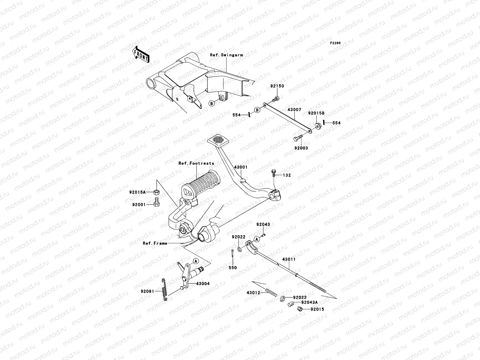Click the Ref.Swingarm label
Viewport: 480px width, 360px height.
pos(230,55)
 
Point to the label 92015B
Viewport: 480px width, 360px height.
pos(316,113)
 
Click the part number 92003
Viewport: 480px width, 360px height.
pos(301,148)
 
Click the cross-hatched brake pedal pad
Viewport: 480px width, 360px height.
pos(218,139)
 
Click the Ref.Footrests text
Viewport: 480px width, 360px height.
pos(196,163)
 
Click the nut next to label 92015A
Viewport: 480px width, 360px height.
pos(156,192)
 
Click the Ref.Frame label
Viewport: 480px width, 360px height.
pos(155,243)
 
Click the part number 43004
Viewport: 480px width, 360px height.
pos(203,283)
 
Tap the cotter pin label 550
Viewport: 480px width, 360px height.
pos(233,268)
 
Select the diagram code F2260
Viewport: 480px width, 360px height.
pos(335,43)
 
